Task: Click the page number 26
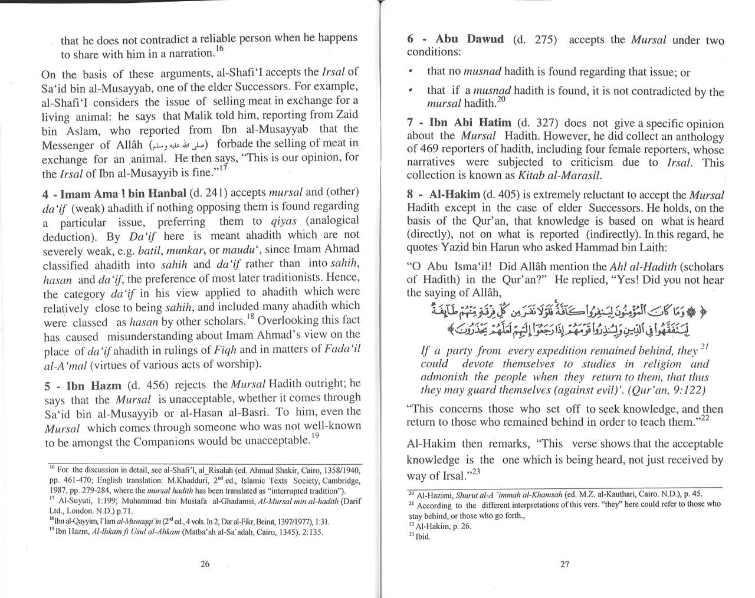point(205,564)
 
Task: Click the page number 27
point(564,564)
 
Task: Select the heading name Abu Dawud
point(470,40)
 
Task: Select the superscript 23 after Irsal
point(476,472)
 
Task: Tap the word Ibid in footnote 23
point(422,537)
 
